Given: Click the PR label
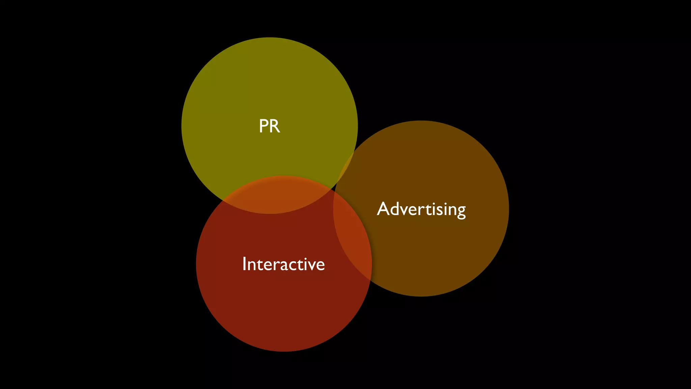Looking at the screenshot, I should [x=269, y=126].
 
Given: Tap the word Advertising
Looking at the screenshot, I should [x=421, y=209].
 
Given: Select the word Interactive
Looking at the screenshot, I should [x=283, y=264].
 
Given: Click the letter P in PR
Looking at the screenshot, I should [x=264, y=126].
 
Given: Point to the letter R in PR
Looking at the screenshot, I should [x=275, y=126].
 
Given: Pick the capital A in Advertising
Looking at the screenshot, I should [x=383, y=209].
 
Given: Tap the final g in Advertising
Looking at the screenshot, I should [x=461, y=211].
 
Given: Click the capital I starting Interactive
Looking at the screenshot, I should [x=244, y=264].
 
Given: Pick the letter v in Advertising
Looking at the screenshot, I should [x=407, y=210].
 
